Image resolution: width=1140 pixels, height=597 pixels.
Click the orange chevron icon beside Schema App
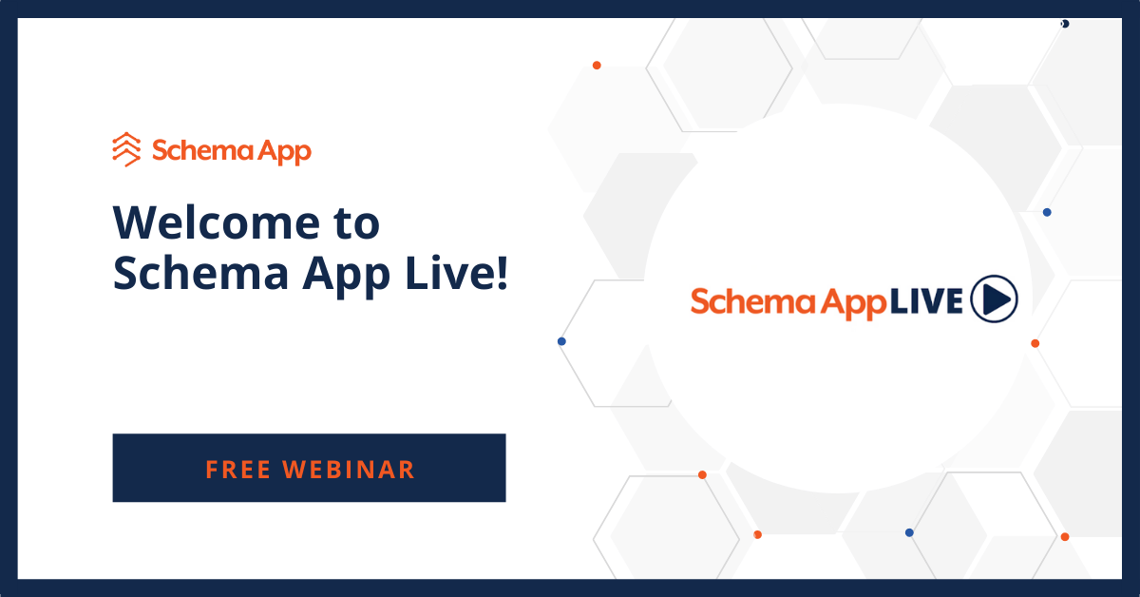(125, 149)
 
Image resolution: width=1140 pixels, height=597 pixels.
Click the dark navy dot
(1065, 24)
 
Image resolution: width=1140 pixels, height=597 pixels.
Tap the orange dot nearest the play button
(1035, 343)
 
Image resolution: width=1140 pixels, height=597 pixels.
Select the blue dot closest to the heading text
(561, 341)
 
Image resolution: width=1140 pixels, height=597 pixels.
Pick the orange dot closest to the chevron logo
(597, 66)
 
